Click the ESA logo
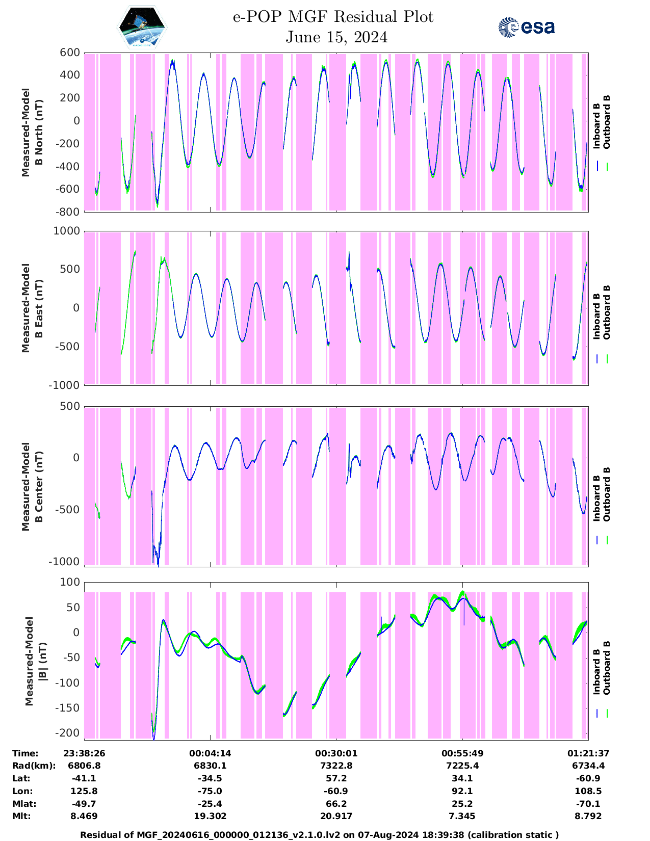pyautogui.click(x=526, y=27)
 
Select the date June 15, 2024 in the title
pyautogui.click(x=336, y=37)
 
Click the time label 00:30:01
pyautogui.click(x=336, y=753)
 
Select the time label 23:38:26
pyautogui.click(x=84, y=753)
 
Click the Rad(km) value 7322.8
pyautogui.click(x=336, y=766)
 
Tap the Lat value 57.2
pyautogui.click(x=336, y=778)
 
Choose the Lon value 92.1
pyautogui.click(x=462, y=791)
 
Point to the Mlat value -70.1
pyautogui.click(x=588, y=804)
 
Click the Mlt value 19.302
pyautogui.click(x=210, y=816)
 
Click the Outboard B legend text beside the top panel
pyautogui.click(x=607, y=122)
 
